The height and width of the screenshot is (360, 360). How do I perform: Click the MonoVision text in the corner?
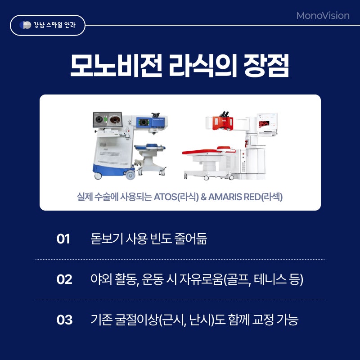pos(323,16)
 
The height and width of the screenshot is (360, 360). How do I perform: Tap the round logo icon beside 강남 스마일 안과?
pos(25,25)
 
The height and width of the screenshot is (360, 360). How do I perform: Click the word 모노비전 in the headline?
pos(117,66)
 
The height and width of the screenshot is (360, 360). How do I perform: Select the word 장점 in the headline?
pos(266,66)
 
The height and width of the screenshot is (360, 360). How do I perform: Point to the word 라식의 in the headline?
pos(203,66)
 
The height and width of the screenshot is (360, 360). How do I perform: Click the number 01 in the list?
pos(63,239)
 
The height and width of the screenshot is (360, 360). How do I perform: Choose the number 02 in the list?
pos(64,279)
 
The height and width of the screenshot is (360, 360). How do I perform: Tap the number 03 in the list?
pos(64,319)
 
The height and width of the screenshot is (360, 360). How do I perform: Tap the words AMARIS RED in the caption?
pos(234,197)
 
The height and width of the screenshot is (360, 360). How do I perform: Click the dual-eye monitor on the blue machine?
pos(108,120)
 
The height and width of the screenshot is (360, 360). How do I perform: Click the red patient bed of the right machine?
pos(209,151)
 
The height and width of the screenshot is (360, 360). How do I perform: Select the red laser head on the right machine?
pos(222,123)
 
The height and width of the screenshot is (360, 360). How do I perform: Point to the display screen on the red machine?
pos(267,123)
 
